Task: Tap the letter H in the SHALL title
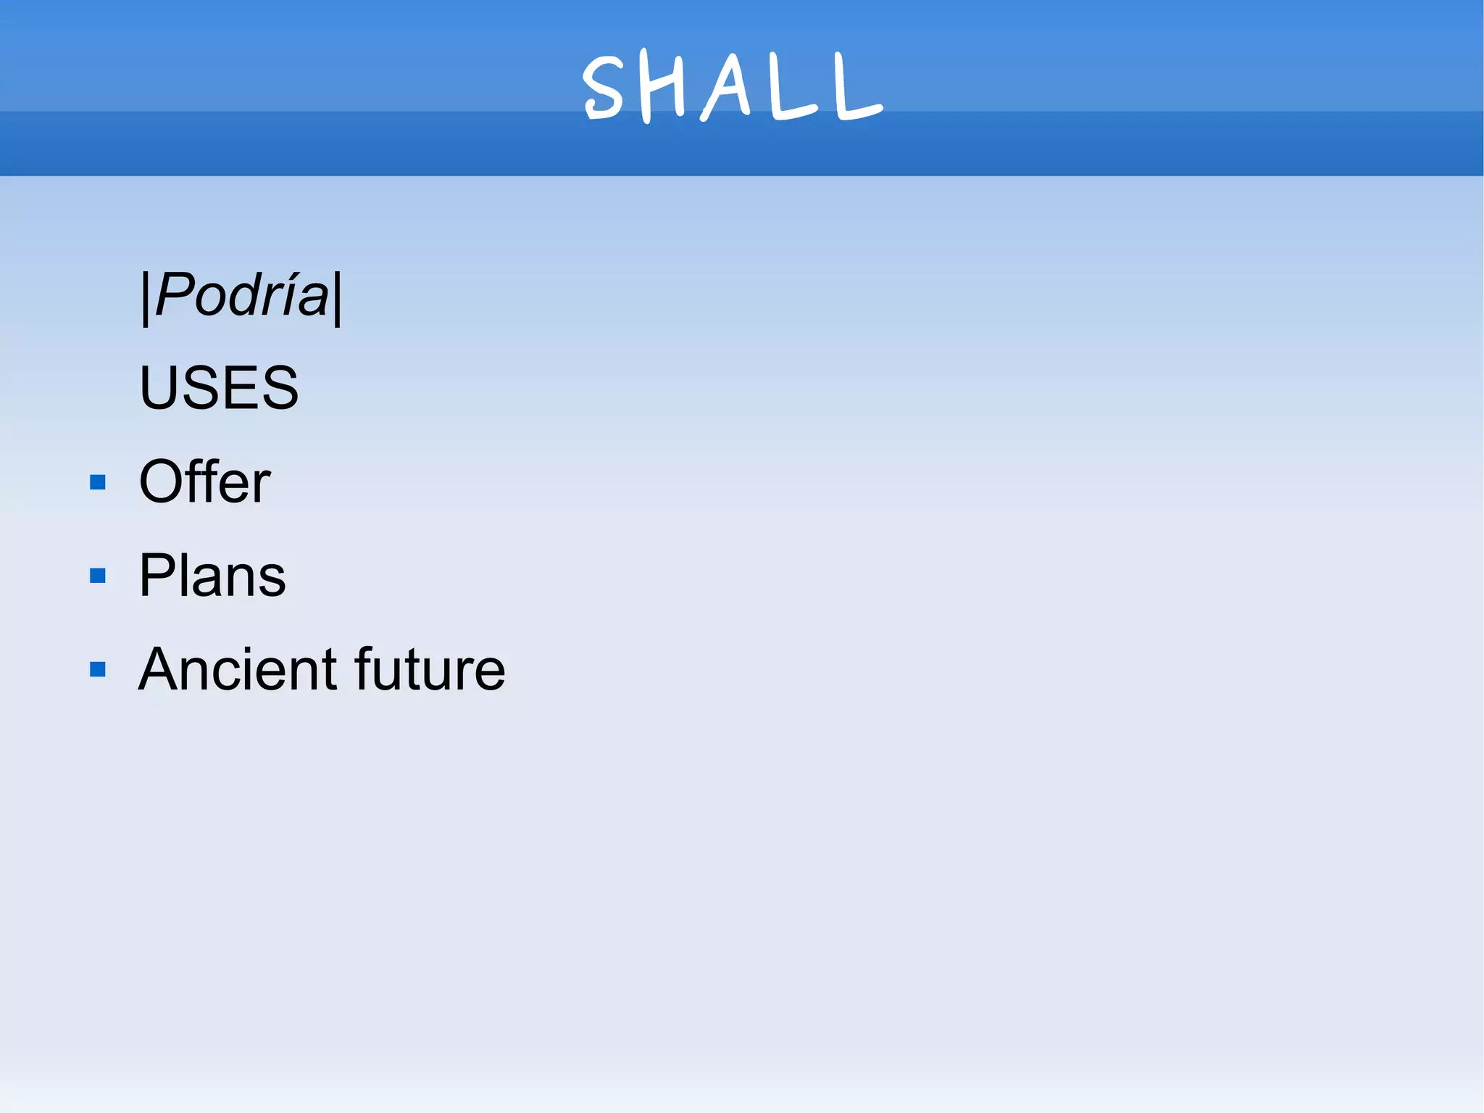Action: click(x=662, y=87)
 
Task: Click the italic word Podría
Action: click(x=242, y=296)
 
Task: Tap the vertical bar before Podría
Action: click(x=145, y=297)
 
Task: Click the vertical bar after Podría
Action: click(x=337, y=297)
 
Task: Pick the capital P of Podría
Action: click(x=174, y=296)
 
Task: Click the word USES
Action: click(x=219, y=388)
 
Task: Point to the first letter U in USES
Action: click(x=159, y=388)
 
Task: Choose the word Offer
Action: click(x=204, y=481)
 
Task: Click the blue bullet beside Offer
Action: click(x=98, y=482)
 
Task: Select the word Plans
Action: click(x=212, y=575)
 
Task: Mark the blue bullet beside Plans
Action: click(x=98, y=576)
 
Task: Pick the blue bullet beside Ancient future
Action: click(x=98, y=669)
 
